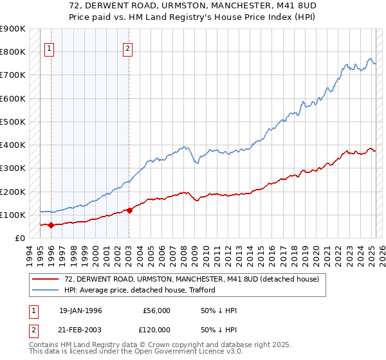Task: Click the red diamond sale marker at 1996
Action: pyautogui.click(x=51, y=225)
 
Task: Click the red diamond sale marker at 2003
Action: pyautogui.click(x=129, y=210)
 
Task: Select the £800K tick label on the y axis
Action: pyautogui.click(x=13, y=52)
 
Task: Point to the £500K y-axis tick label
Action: pyautogui.click(x=13, y=122)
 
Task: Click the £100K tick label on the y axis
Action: pyautogui.click(x=13, y=215)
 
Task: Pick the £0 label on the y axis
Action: pyautogui.click(x=20, y=238)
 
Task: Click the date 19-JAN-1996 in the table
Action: pyautogui.click(x=80, y=310)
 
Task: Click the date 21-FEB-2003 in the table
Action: pyautogui.click(x=80, y=330)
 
